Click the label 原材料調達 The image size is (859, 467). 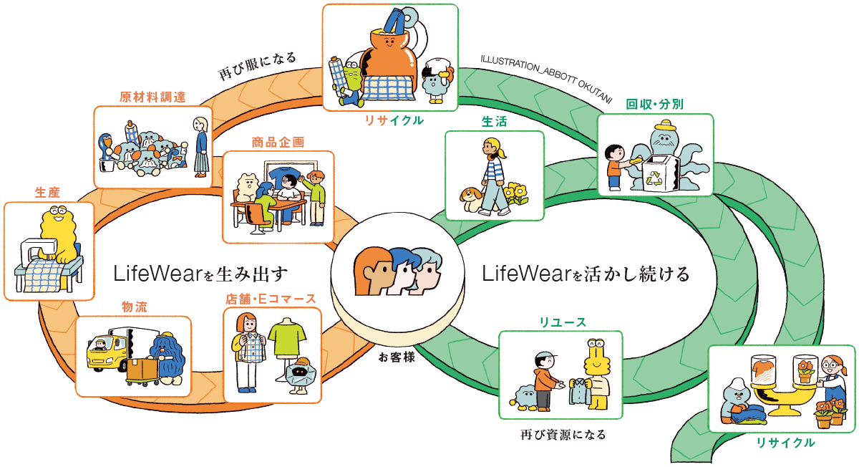coord(152,97)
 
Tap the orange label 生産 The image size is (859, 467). coord(47,193)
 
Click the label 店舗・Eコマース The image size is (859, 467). coord(271,299)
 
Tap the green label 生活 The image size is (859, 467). coord(493,122)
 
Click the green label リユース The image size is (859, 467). coord(563,322)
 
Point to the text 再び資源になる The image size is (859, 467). coord(563,434)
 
